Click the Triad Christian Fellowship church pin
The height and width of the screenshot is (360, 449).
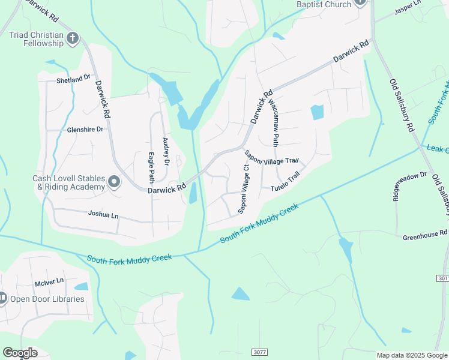[72, 39]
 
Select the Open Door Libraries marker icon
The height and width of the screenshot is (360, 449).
[2, 298]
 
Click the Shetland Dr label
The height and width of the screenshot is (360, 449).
[73, 79]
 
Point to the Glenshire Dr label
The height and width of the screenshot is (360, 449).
[85, 129]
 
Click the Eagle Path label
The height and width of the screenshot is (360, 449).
[151, 167]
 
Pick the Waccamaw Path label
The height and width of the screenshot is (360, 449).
[274, 123]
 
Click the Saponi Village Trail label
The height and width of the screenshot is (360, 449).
[271, 157]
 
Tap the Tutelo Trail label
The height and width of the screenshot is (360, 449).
[285, 182]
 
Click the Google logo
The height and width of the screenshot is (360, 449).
[20, 353]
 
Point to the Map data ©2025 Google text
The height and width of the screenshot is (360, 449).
[412, 355]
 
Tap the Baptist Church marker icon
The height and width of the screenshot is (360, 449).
[360, 2]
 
